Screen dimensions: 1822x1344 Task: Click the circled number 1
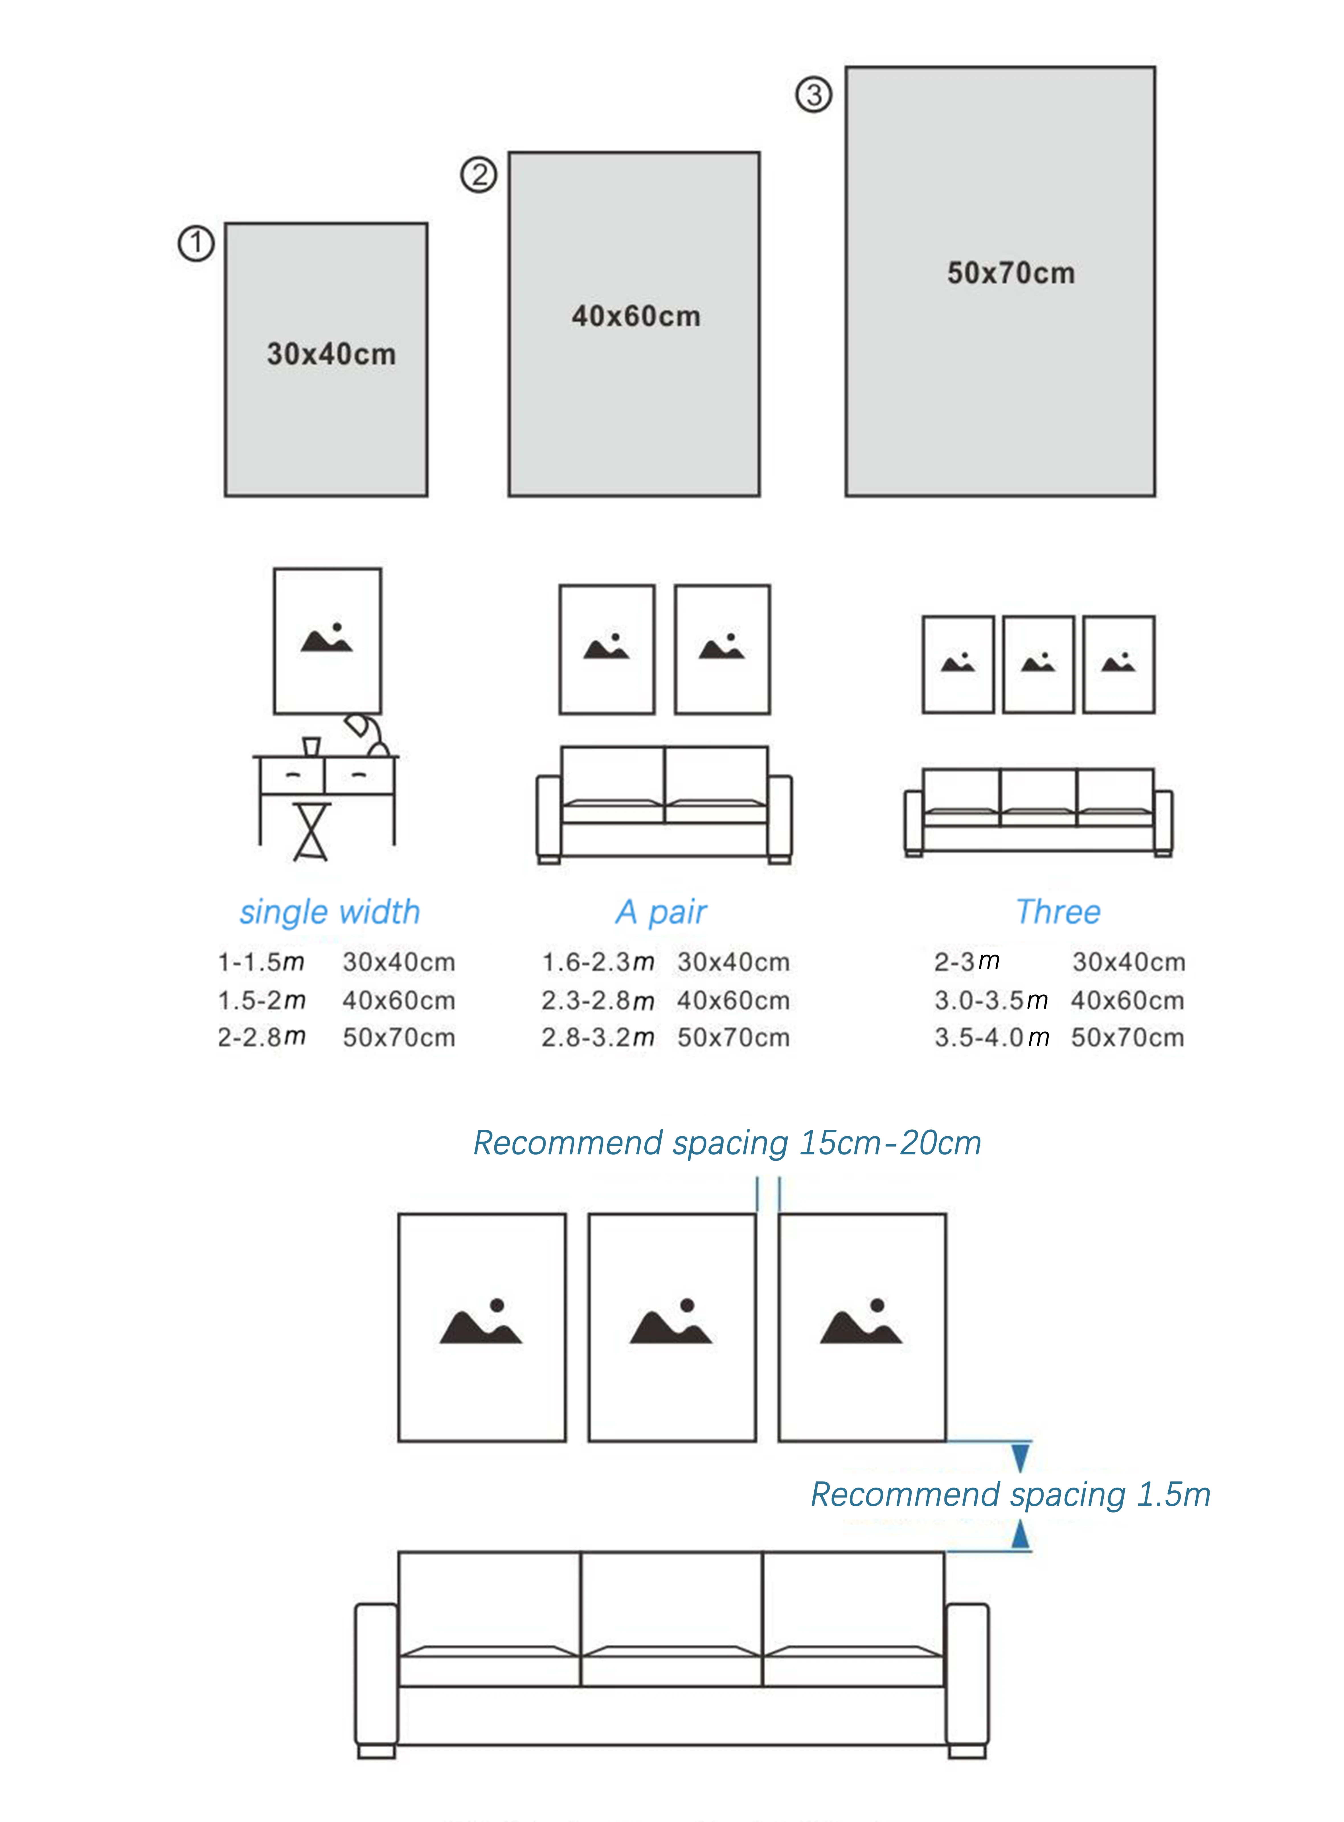(196, 244)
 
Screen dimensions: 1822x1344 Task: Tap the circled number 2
(479, 175)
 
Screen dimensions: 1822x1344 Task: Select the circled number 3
(814, 95)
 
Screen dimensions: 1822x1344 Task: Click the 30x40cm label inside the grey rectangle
(331, 354)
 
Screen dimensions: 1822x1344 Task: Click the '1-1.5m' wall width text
(260, 962)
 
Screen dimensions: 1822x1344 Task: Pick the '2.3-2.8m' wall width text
(598, 1000)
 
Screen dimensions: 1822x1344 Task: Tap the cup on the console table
(311, 746)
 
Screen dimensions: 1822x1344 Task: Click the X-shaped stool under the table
(312, 831)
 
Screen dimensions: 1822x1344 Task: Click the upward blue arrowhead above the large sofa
(1020, 1534)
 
